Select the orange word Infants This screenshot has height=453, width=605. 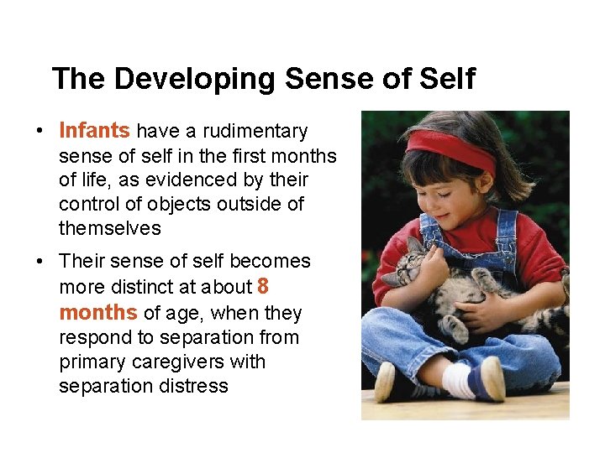94,131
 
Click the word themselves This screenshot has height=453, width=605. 109,228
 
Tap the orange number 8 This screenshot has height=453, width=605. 263,287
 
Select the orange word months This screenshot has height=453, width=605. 97,313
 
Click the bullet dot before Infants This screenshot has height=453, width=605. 39,132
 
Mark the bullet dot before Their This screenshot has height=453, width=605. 39,262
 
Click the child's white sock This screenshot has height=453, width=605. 458,379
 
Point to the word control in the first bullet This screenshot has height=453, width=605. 92,204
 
